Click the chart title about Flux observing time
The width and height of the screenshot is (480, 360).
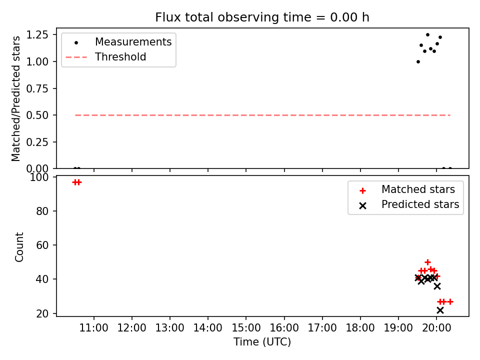tap(262, 17)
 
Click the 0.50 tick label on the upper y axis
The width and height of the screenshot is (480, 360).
tap(37, 115)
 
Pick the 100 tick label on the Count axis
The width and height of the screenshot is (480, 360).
tap(39, 177)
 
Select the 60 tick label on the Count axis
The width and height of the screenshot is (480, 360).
tap(42, 245)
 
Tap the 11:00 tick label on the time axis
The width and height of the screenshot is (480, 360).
tap(93, 328)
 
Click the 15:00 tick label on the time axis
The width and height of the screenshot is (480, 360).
tap(246, 328)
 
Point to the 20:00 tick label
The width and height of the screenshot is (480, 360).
tap(436, 328)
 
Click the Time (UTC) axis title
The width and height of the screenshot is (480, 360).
tap(262, 341)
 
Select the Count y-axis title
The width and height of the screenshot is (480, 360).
tap(19, 246)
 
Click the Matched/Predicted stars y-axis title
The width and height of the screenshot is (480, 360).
tap(15, 98)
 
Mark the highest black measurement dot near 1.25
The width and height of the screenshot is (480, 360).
tap(427, 35)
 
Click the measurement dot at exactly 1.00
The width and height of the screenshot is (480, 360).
tap(418, 62)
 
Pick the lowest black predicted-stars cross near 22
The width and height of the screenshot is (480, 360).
tap(440, 310)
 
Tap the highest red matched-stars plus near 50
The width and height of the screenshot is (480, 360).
tap(427, 262)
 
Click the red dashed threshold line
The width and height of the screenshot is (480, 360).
tap(262, 115)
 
